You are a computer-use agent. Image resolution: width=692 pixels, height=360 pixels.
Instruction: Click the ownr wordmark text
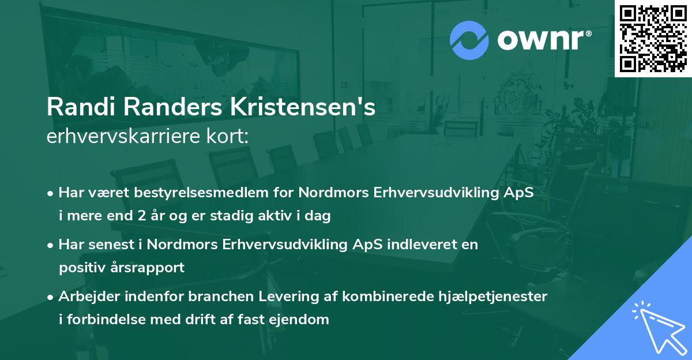tap(544, 39)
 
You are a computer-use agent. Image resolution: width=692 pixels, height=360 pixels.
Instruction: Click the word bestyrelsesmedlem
tap(191, 193)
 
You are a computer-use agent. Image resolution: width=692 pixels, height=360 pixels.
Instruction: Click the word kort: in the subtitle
tap(230, 137)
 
